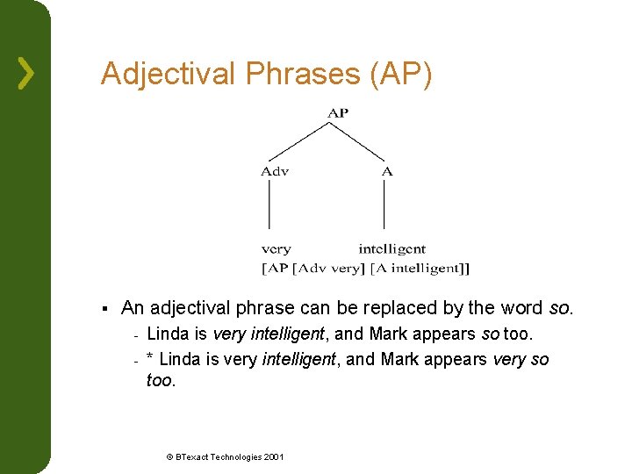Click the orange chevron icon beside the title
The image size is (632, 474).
click(26, 74)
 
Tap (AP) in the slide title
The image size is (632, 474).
click(401, 74)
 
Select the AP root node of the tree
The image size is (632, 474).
click(338, 112)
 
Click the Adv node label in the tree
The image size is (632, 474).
click(275, 171)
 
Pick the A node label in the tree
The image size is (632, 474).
click(387, 171)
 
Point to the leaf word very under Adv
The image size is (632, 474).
click(276, 249)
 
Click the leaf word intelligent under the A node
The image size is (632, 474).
click(391, 249)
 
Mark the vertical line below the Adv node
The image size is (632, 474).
click(269, 206)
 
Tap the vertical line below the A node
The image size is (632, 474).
click(384, 206)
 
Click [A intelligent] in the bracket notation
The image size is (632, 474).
click(420, 268)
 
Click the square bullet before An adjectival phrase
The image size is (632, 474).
click(104, 308)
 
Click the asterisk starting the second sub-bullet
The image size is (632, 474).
click(151, 360)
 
